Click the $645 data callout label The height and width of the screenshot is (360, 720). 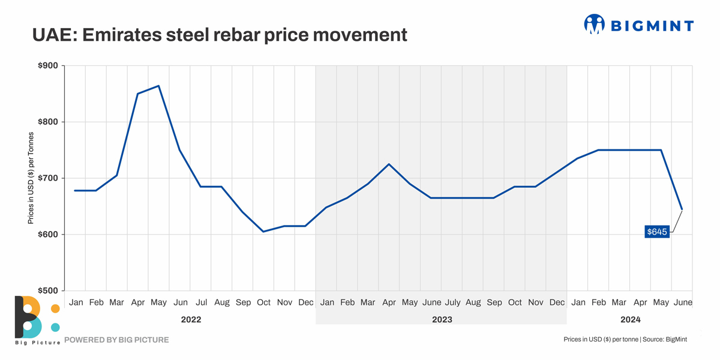coord(656,232)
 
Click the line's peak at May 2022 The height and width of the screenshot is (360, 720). coord(158,86)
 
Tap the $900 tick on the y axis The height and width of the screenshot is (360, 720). coord(49,66)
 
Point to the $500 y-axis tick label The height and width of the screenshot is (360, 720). coord(49,291)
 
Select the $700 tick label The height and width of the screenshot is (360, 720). coord(49,178)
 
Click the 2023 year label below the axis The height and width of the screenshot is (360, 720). coord(442,320)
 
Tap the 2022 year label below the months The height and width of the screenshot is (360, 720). coord(191,320)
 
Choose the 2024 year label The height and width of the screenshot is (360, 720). coord(630,320)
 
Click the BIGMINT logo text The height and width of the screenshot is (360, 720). coord(652,25)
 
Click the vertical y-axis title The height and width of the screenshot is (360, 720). coord(31,179)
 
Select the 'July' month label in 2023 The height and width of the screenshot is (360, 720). coord(452,302)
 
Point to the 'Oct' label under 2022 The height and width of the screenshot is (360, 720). coord(263,302)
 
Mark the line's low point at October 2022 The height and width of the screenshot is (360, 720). coord(263,232)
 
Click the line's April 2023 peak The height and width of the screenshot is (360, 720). coord(389,164)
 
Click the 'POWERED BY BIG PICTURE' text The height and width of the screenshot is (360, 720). coord(116,340)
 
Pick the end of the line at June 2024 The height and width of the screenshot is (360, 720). coord(682,209)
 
